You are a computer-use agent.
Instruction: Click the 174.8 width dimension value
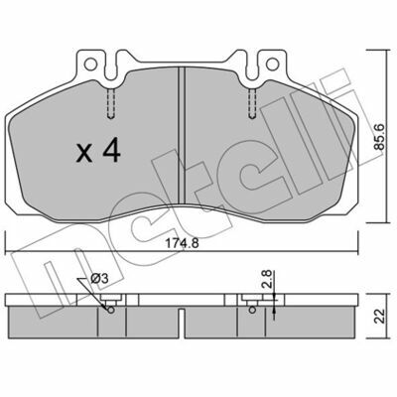[x=182, y=243]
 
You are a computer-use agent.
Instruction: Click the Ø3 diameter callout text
[x=99, y=279]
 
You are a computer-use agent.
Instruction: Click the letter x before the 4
[x=84, y=154]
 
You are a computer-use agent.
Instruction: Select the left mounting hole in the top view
[x=90, y=65]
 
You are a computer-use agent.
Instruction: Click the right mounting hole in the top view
[x=273, y=64]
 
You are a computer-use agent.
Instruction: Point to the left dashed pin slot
[x=111, y=103]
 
